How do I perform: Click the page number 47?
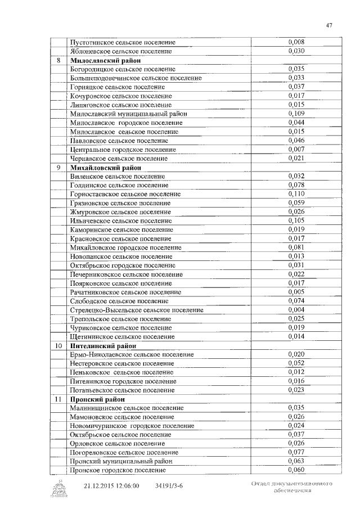coord(329,24)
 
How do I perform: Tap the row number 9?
coord(58,167)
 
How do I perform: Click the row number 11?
coord(58,399)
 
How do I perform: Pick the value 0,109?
coord(296,114)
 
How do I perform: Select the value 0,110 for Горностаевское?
coord(296,193)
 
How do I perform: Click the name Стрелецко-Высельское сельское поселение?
coord(137,310)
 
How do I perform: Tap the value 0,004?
coord(296,309)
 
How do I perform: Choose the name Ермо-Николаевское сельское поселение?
coord(132,354)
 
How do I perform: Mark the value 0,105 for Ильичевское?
coord(296,220)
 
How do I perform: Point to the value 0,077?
coord(296,452)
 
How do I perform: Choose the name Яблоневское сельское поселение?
coord(121,51)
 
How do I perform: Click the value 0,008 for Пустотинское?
coord(296,42)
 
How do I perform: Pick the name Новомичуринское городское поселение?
coord(128,426)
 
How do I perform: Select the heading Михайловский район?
coord(105,167)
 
